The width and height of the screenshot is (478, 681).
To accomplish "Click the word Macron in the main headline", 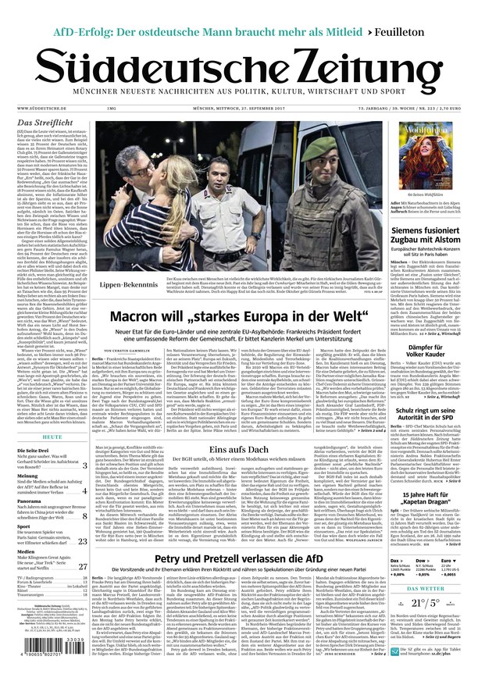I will coord(144,317).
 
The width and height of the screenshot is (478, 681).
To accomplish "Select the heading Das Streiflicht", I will coord(46,123).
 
